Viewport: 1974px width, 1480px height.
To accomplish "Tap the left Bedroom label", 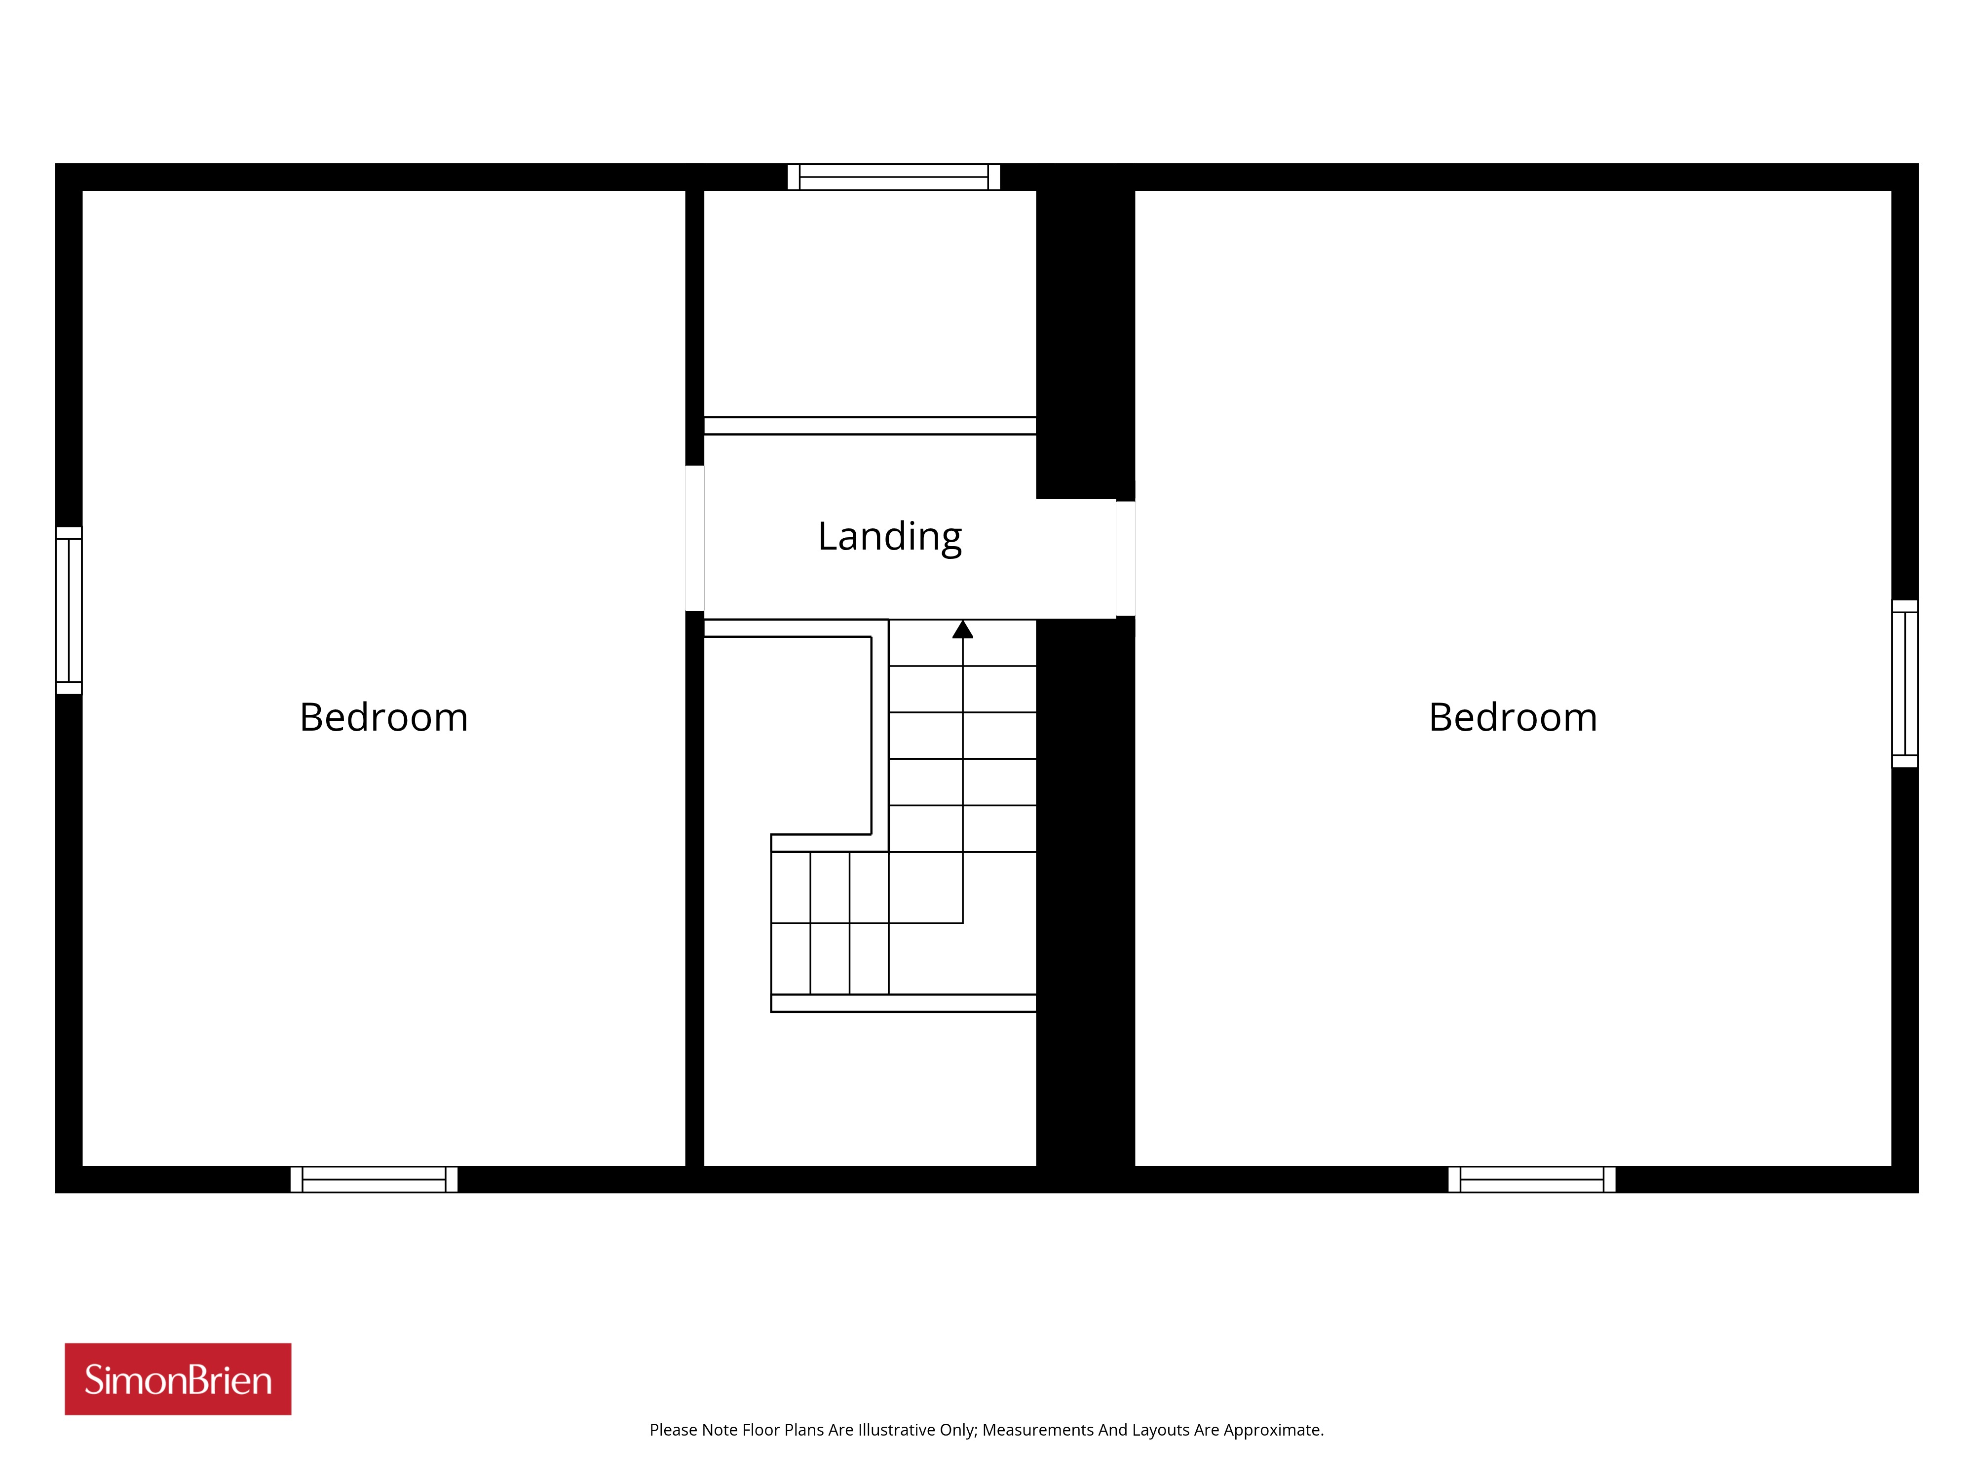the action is tap(384, 717).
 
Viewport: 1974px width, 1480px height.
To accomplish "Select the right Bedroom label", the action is tap(1513, 717).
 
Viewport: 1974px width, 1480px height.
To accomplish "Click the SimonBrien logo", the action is tap(178, 1379).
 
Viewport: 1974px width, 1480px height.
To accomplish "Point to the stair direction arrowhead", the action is tap(962, 630).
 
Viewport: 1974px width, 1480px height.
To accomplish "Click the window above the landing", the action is tap(893, 177).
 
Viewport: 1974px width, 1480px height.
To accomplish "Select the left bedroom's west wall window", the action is tap(69, 610).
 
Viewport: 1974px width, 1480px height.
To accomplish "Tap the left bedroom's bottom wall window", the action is tap(374, 1180).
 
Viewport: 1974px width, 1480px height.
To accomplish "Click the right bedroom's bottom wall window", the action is tap(1531, 1180).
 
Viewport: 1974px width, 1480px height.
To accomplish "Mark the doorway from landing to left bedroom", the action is tap(694, 538).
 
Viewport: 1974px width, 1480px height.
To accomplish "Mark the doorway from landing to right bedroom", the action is tap(1125, 558).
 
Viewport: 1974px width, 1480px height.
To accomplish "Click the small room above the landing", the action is tap(870, 303).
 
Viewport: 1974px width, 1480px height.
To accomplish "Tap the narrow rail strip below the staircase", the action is tap(903, 1003).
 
